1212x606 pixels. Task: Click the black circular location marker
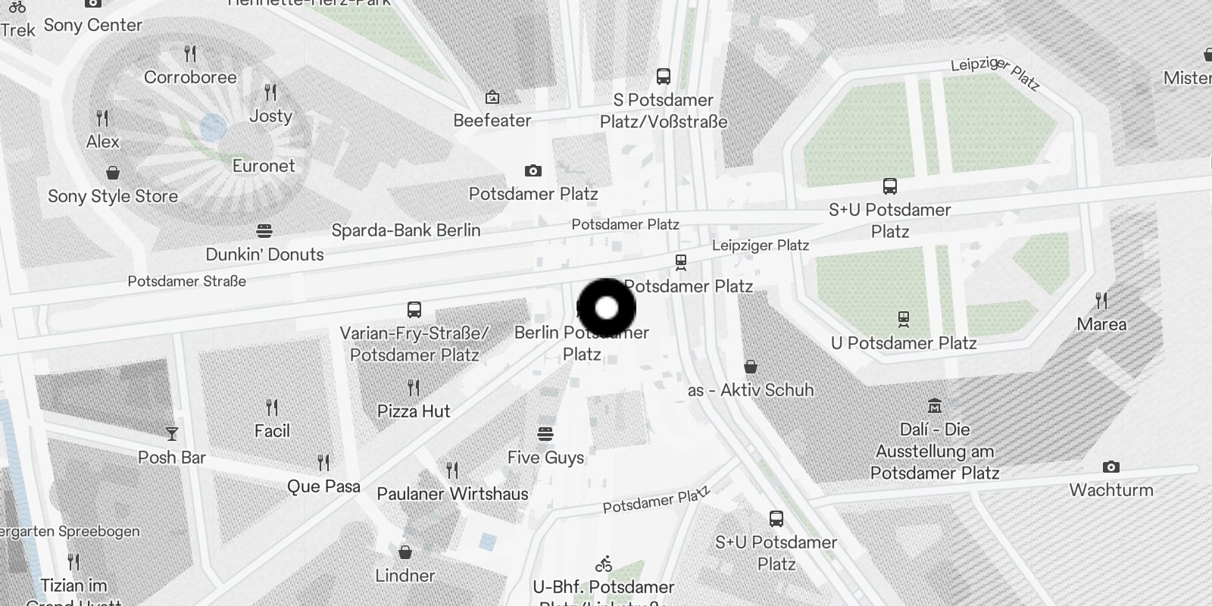[x=606, y=308]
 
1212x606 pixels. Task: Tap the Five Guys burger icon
[x=545, y=434]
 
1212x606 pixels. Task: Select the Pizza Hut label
[x=414, y=411]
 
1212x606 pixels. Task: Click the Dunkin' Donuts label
[x=264, y=255]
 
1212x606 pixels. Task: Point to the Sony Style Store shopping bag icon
[x=113, y=173]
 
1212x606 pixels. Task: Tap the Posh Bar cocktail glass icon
[x=172, y=434]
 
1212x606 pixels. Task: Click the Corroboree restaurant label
[x=190, y=77]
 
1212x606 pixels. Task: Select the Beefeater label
[x=492, y=120]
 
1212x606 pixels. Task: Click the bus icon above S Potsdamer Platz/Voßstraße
[x=664, y=77]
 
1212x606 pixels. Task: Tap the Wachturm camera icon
[x=1111, y=467]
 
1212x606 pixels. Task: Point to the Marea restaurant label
[x=1101, y=324]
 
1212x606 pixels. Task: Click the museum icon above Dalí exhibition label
[x=935, y=406]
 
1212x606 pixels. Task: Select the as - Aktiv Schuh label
[x=751, y=390]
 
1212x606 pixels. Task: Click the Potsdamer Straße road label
[x=186, y=281]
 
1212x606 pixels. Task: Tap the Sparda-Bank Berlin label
[x=406, y=230]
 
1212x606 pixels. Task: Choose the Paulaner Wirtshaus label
[x=452, y=494]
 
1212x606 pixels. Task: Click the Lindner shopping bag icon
[x=405, y=551]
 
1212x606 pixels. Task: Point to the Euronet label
[x=264, y=166]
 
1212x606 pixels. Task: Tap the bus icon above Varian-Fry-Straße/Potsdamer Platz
[x=414, y=309]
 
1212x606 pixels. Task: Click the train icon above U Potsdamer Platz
[x=903, y=319]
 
